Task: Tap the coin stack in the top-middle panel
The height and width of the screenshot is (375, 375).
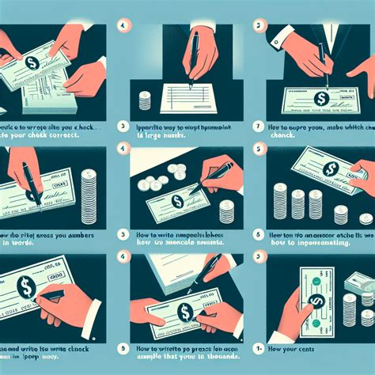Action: pos(145,100)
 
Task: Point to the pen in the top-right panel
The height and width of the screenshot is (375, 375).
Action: pos(322,62)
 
